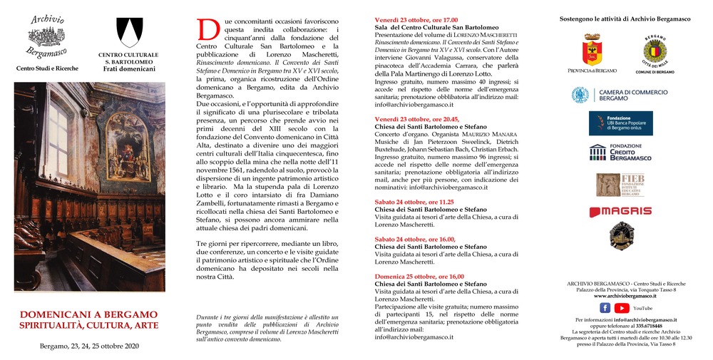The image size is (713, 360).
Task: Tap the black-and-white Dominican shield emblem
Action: [x=129, y=33]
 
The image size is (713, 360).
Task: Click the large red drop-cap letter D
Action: [x=207, y=30]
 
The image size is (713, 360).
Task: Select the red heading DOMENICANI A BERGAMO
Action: [x=89, y=314]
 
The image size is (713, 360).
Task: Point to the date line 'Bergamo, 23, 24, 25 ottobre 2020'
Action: [x=89, y=346]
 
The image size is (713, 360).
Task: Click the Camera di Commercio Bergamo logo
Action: [x=620, y=95]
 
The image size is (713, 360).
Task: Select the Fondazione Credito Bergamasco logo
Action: [x=620, y=152]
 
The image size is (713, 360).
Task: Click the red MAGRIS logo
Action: [x=620, y=211]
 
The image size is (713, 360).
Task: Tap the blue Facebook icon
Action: [x=605, y=308]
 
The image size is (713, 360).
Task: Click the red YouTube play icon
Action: [x=622, y=308]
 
